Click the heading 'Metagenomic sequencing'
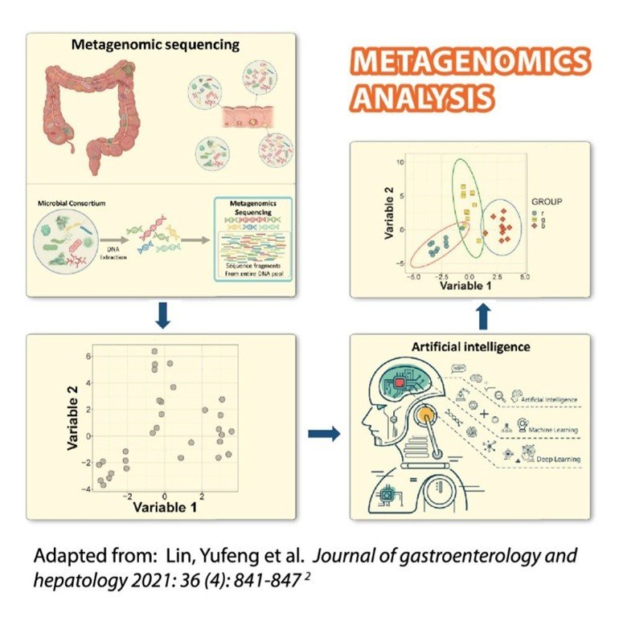pos(155,45)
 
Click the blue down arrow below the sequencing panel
pos(162,317)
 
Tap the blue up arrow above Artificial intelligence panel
pos(481,315)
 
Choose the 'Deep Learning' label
pos(555,459)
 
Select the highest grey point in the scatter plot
pos(154,351)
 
